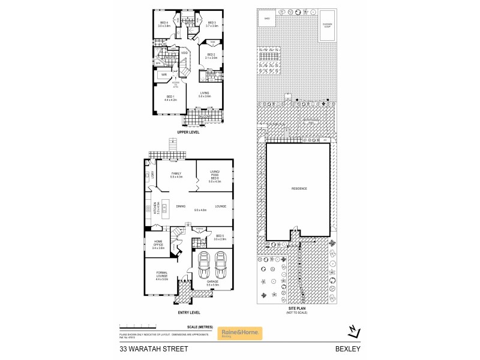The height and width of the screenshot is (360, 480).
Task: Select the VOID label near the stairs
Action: [x=185, y=53]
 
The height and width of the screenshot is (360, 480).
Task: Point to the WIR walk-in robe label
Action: [x=163, y=74]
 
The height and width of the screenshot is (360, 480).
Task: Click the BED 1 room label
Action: [x=170, y=98]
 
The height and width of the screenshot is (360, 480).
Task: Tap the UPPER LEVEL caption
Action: [x=188, y=131]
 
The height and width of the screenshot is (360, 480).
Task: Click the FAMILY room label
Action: [x=176, y=175]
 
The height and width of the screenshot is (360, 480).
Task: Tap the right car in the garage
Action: [x=221, y=262]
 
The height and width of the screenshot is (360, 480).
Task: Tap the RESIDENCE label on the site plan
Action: [x=299, y=188]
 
